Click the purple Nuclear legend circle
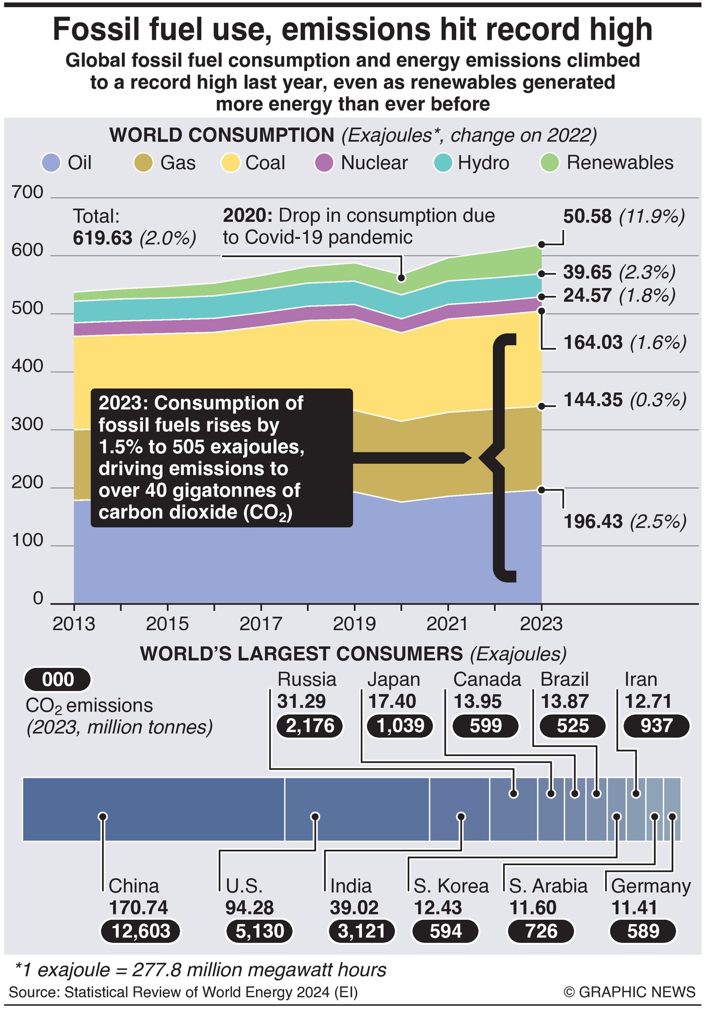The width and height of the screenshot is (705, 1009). (324, 163)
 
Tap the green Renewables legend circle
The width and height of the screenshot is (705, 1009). (550, 163)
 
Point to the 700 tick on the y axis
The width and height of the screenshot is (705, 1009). (27, 192)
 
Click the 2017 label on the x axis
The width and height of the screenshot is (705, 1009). (260, 624)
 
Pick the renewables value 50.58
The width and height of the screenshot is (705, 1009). (587, 216)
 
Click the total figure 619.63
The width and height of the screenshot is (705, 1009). (103, 238)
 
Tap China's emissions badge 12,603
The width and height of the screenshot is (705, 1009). (141, 931)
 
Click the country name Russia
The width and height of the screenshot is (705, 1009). (307, 679)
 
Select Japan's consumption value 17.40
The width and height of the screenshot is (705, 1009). (392, 702)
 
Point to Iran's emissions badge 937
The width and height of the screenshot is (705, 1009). (656, 726)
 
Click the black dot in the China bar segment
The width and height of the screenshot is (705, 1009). (102, 816)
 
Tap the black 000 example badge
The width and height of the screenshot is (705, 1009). (57, 680)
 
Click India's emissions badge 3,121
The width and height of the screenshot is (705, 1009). (362, 931)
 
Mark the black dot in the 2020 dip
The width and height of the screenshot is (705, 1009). (402, 278)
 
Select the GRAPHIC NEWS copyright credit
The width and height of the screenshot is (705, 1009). (629, 992)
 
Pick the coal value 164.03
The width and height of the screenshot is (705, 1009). (593, 342)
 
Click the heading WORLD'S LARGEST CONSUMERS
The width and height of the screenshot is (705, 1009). (301, 654)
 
